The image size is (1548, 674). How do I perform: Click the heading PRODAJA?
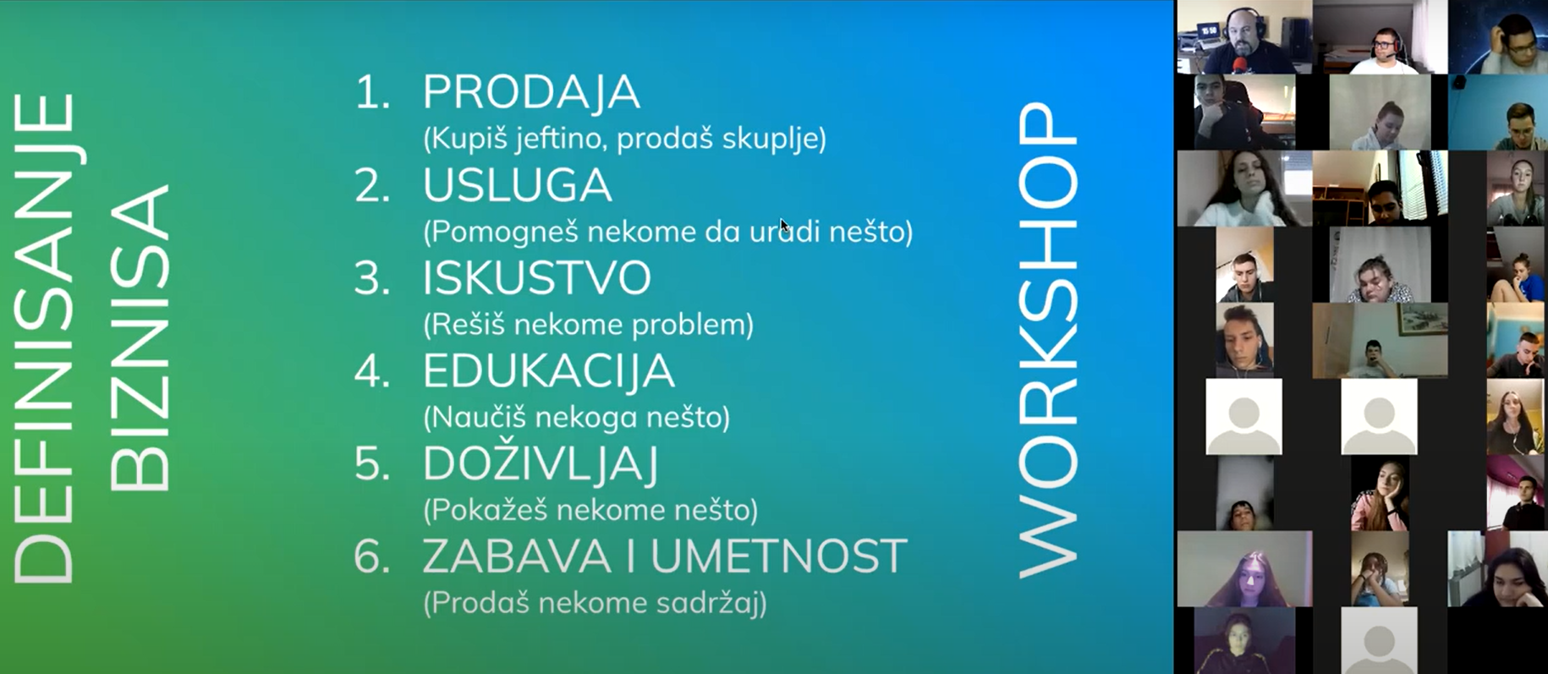click(531, 93)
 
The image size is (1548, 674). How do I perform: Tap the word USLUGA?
click(517, 185)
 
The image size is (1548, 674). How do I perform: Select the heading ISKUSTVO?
click(537, 278)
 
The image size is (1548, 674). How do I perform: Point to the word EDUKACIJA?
click(548, 371)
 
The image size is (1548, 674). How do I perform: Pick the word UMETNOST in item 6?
click(778, 556)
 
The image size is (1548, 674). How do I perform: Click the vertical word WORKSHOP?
click(1048, 340)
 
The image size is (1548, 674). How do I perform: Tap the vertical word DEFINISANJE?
click(44, 337)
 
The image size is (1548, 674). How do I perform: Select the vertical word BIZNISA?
click(140, 337)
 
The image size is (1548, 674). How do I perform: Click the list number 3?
click(372, 278)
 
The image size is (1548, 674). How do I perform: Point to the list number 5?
click(372, 464)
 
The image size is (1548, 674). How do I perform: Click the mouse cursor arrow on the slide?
click(784, 225)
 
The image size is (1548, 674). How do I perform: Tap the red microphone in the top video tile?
click(1240, 64)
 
